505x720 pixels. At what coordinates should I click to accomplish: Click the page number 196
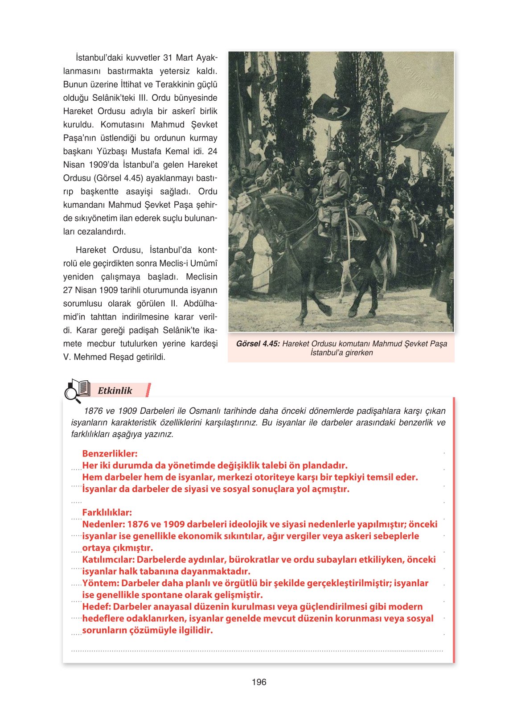point(259,682)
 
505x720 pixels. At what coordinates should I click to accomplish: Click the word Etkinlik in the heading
point(115,391)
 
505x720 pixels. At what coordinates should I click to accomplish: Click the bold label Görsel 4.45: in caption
point(258,344)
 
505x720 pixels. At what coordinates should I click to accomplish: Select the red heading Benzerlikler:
point(110,453)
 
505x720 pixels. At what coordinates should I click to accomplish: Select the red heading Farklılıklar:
point(107,512)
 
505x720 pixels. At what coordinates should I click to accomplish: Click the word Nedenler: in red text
point(103,524)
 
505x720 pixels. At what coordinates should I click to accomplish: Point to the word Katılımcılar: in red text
point(108,560)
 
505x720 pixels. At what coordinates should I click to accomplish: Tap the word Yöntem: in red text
point(101,583)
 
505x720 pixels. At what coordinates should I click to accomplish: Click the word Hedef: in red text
point(96,607)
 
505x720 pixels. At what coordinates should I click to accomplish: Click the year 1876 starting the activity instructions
point(93,411)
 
